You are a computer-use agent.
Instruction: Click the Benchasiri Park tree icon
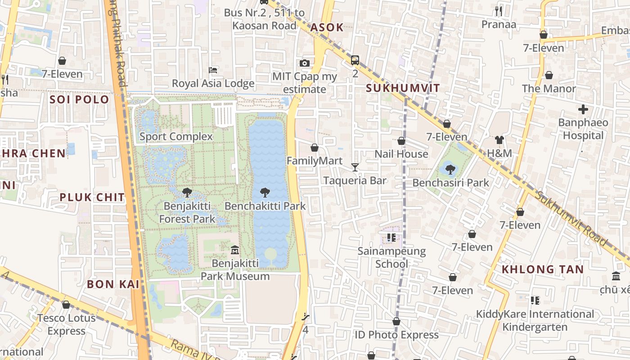[450, 170]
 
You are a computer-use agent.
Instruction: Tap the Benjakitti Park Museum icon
[234, 250]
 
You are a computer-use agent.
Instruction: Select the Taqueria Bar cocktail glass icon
[355, 167]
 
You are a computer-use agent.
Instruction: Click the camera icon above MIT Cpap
[305, 63]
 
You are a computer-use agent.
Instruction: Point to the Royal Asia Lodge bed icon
[213, 70]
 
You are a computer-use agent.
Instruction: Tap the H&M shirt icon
[499, 140]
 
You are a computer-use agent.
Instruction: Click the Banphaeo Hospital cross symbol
[583, 109]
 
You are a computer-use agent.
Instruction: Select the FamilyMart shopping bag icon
[315, 148]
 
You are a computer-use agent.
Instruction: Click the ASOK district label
[327, 27]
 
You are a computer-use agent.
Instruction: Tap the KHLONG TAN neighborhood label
[543, 270]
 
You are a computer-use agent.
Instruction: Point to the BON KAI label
[113, 284]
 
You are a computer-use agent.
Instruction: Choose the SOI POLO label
[80, 99]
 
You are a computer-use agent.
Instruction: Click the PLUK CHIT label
[92, 197]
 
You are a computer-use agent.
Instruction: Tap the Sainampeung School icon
[391, 237]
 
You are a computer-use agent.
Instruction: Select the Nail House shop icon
[401, 141]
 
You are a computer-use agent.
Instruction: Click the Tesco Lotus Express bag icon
[66, 305]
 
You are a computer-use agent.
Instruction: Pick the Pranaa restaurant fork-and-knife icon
[499, 11]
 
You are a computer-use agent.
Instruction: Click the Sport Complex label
[176, 136]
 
